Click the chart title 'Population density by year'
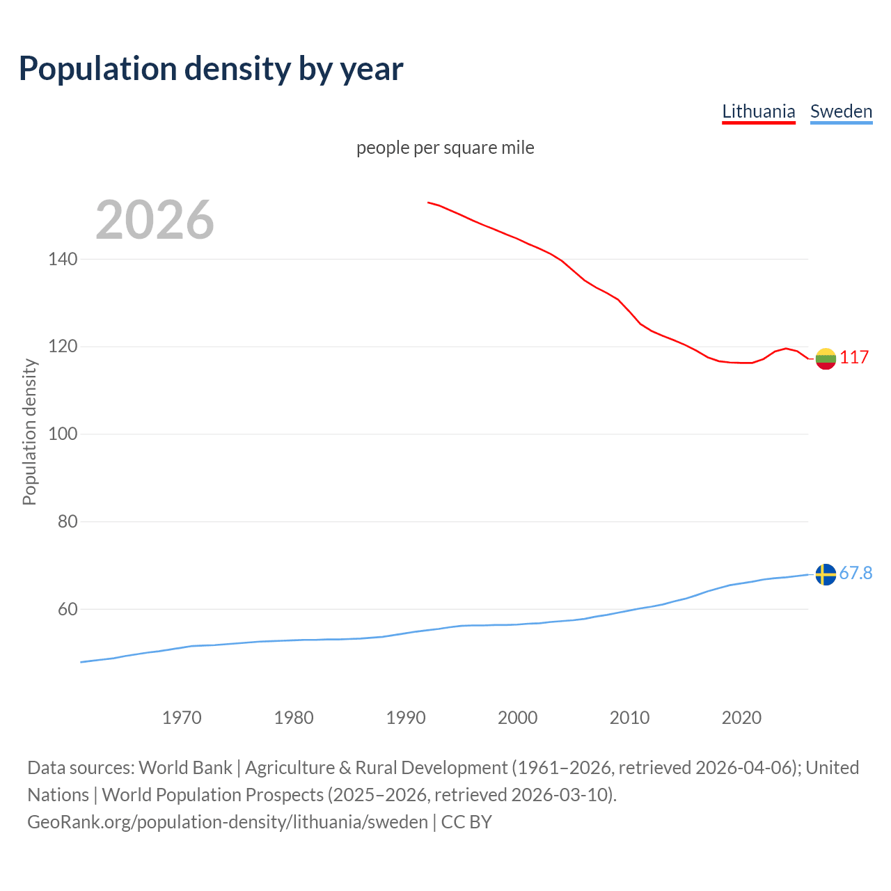[211, 68]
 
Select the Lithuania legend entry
[758, 111]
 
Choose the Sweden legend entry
[841, 111]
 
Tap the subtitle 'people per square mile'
[445, 148]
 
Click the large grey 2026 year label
[155, 220]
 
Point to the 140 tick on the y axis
[63, 259]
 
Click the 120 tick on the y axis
[63, 347]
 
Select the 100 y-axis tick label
[63, 434]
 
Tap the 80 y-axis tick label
[68, 521]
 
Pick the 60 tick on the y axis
[68, 609]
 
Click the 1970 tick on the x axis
[182, 717]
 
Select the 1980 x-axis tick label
[294, 717]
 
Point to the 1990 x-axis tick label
[406, 717]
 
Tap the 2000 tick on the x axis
[517, 717]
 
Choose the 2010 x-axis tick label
[629, 717]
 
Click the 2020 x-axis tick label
[741, 717]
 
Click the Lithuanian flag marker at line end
[826, 358]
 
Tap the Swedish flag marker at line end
[826, 574]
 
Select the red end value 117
[854, 357]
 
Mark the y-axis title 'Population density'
[29, 432]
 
